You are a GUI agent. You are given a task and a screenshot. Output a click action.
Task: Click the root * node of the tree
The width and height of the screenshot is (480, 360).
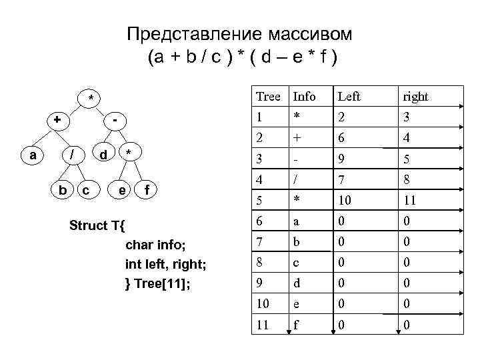coord(91,99)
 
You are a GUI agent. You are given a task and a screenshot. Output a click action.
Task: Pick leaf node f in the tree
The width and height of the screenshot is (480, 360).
coord(147,191)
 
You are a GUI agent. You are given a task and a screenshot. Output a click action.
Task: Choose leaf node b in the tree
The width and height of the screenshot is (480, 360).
coord(62,191)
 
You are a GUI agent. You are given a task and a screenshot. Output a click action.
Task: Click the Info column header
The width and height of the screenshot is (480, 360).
coord(304,97)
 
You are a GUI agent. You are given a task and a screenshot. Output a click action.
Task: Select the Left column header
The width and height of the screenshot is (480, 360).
coord(349,97)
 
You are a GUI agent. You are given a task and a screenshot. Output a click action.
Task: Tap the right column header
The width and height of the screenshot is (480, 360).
coord(415,97)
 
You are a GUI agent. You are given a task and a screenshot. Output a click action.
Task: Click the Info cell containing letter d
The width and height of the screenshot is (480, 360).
coord(297,284)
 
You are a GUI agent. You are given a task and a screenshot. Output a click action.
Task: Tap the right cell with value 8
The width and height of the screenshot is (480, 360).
coord(406,181)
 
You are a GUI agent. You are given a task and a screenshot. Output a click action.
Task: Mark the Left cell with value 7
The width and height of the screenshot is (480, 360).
coord(341,181)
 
